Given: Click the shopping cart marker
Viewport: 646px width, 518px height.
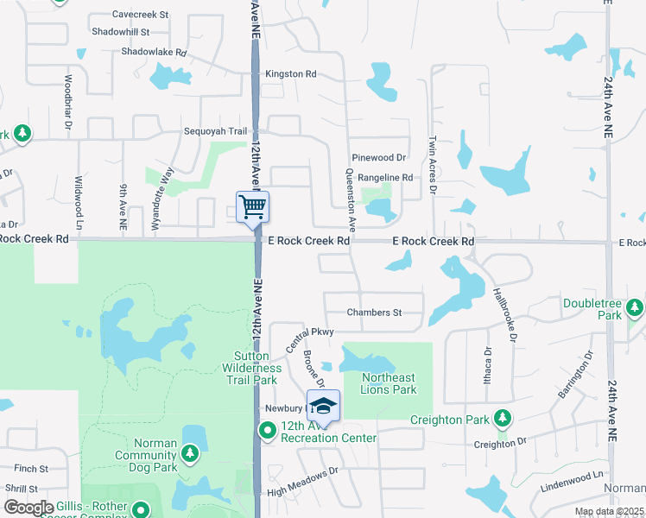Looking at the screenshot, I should click(x=252, y=207).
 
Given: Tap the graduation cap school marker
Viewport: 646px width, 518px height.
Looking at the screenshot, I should click(x=323, y=405).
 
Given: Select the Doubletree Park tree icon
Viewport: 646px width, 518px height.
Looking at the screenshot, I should click(x=636, y=306).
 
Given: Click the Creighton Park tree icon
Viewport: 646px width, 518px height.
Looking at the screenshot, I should click(x=502, y=420).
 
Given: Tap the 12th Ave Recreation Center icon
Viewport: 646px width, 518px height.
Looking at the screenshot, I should click(x=269, y=430).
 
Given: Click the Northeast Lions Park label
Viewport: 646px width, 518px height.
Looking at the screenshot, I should click(x=388, y=383).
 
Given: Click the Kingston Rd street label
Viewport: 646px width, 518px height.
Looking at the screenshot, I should click(x=290, y=74).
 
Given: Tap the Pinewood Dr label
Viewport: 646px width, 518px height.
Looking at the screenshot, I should click(x=378, y=158).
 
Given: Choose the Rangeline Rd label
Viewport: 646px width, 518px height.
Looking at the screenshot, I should click(x=385, y=178).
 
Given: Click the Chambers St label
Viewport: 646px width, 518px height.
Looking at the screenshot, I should click(x=374, y=313).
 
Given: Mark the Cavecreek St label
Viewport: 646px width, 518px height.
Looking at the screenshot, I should click(x=140, y=15).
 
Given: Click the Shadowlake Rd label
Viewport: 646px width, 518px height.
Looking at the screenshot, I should click(x=154, y=53).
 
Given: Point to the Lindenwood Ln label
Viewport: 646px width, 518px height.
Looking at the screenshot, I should click(x=571, y=476).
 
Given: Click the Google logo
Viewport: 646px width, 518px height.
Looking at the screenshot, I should click(x=28, y=508).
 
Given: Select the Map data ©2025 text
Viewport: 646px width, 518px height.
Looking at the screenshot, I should click(x=610, y=512).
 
